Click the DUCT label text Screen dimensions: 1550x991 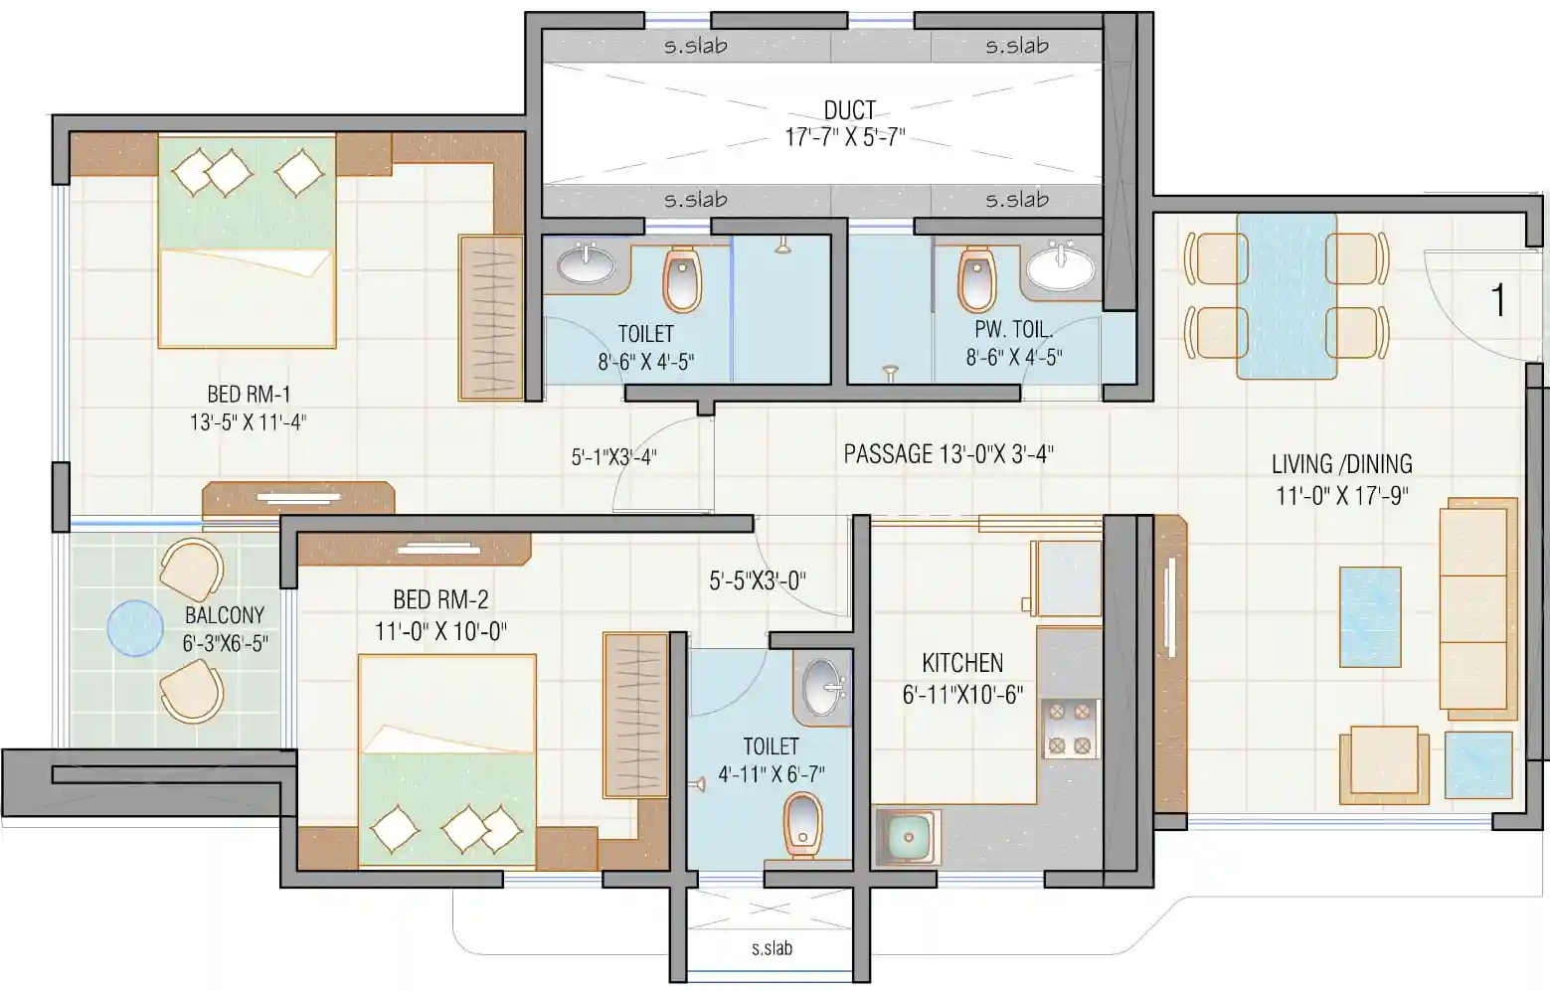pyautogui.click(x=850, y=110)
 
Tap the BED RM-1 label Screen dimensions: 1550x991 pyautogui.click(x=250, y=395)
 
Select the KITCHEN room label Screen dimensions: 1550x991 pyautogui.click(x=962, y=663)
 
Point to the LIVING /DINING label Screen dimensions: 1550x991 pyautogui.click(x=1342, y=464)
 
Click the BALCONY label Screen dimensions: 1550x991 pyautogui.click(x=225, y=615)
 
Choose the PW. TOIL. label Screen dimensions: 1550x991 pyautogui.click(x=1014, y=329)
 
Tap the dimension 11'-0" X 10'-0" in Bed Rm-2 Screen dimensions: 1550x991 pyautogui.click(x=440, y=631)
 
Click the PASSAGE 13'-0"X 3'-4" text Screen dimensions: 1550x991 pyautogui.click(x=948, y=454)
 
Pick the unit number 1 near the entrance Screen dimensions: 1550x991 pyautogui.click(x=1498, y=300)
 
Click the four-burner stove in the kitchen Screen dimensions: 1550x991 pyautogui.click(x=1070, y=729)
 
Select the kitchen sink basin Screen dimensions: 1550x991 pyautogui.click(x=909, y=838)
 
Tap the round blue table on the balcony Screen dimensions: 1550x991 pyautogui.click(x=135, y=628)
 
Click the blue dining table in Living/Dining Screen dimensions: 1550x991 pyautogui.click(x=1288, y=296)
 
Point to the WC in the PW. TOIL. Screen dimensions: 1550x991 pyautogui.click(x=977, y=279)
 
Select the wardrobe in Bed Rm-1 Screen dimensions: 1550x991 pyautogui.click(x=490, y=319)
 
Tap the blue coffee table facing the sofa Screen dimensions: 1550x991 pyautogui.click(x=1370, y=617)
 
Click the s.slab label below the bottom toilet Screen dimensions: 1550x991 pyautogui.click(x=773, y=948)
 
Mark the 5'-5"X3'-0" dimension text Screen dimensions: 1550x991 pyautogui.click(x=758, y=580)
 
